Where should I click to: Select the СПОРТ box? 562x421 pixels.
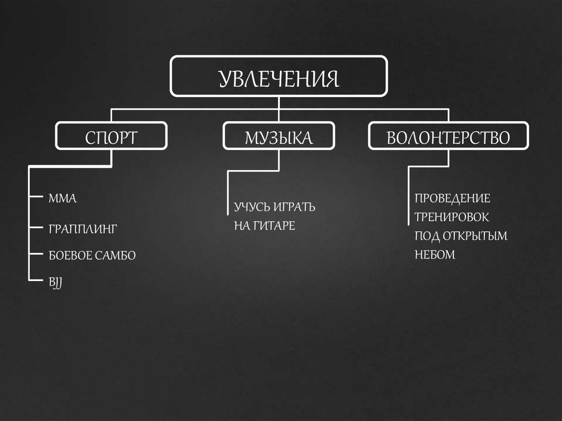(x=111, y=137)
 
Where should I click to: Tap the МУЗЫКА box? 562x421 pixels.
(x=278, y=137)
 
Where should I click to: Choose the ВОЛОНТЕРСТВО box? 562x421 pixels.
(x=448, y=137)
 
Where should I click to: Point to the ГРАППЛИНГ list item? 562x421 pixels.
(x=82, y=228)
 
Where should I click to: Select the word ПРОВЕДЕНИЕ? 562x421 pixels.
(x=452, y=198)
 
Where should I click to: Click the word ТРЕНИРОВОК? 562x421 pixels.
(x=452, y=217)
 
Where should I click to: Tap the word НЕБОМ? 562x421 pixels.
(x=435, y=255)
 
